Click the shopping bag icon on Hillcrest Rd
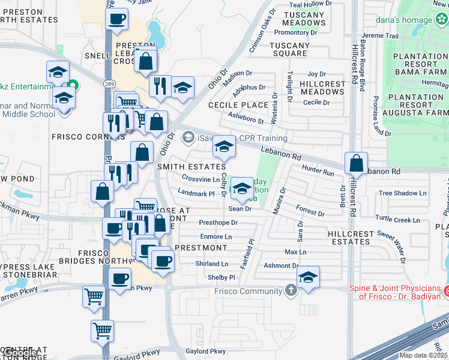(x=357, y=163)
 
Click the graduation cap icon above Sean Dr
(x=242, y=188)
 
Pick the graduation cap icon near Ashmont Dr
(x=308, y=277)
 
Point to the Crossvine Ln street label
(x=200, y=179)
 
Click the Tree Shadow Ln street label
(x=402, y=193)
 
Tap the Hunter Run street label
(x=317, y=171)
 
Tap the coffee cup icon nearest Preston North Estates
(x=116, y=18)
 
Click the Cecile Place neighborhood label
(x=238, y=105)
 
